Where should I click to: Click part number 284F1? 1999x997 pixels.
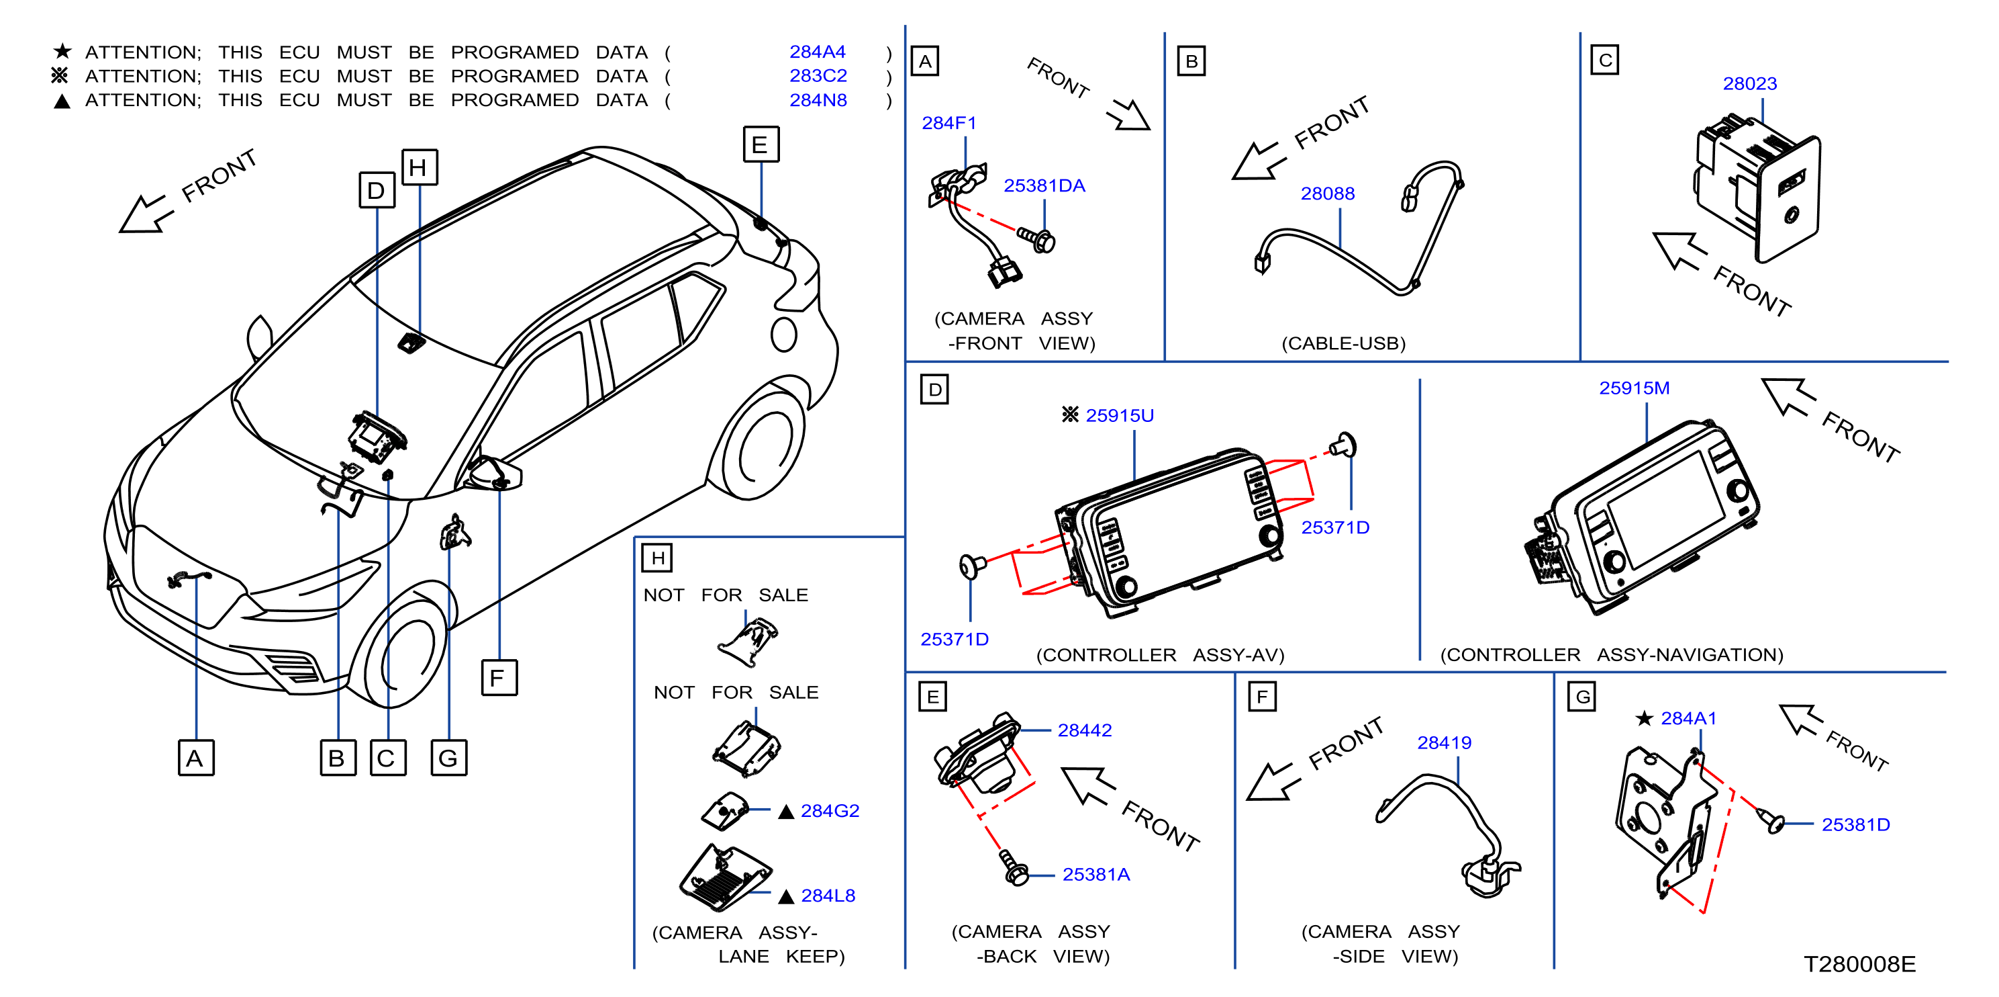coord(948,123)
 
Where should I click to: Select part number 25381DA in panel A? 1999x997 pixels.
coord(1044,185)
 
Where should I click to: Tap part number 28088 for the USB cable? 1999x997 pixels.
coord(1327,193)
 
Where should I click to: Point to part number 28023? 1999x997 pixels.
coord(1749,83)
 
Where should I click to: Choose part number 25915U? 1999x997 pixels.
coord(1119,415)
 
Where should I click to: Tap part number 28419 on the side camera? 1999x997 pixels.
coord(1443,742)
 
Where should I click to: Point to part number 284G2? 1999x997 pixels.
coord(830,811)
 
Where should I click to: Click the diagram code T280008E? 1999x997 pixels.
coord(1859,963)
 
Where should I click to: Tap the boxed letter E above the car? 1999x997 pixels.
coord(761,144)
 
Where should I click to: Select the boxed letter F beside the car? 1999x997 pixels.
coord(498,678)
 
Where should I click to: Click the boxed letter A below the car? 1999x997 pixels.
coord(195,758)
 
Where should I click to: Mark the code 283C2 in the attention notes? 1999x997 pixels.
coord(818,75)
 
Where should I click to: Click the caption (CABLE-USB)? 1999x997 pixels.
coord(1343,343)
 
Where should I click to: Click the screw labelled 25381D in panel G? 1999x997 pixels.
coord(1771,820)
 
